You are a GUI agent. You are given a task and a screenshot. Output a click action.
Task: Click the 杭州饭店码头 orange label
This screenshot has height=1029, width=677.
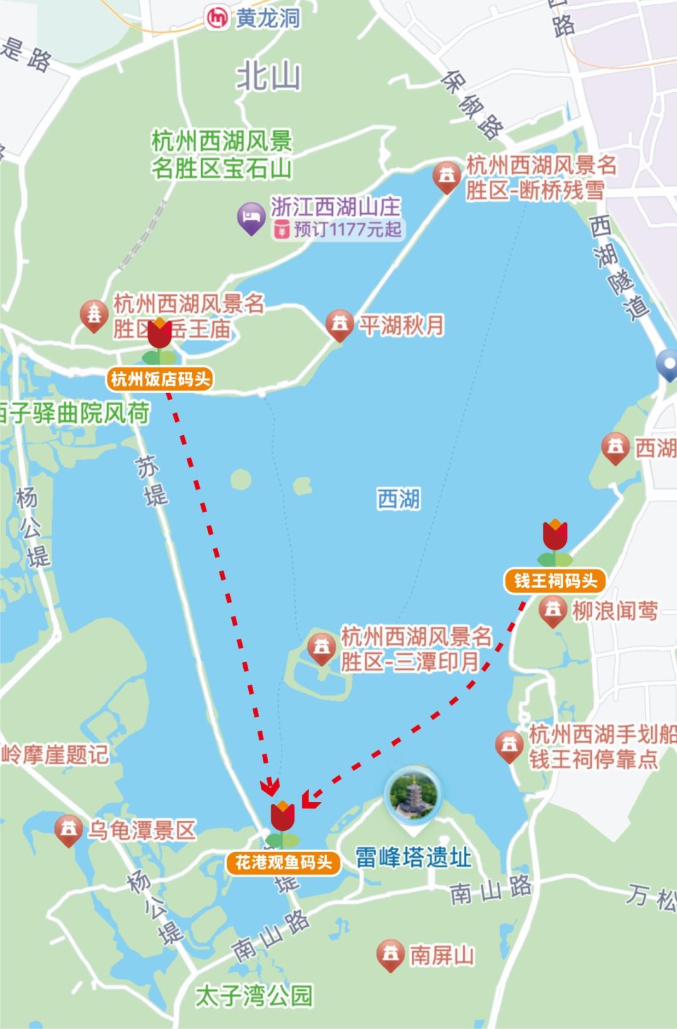[161, 379]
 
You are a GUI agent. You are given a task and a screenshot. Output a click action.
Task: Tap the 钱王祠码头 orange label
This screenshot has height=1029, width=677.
[555, 581]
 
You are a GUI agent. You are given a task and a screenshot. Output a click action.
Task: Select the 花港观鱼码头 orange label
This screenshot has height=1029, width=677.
[283, 863]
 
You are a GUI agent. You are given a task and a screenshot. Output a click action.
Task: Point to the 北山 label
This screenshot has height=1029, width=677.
[268, 77]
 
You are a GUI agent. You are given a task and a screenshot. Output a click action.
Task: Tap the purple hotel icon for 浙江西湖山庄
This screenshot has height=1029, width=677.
[251, 218]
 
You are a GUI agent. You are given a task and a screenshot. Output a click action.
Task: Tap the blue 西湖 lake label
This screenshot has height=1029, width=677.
[399, 500]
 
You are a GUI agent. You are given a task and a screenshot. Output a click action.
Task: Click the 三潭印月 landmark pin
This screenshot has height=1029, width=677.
[321, 648]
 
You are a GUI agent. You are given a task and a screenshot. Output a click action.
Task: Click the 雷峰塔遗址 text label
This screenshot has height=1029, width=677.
[414, 857]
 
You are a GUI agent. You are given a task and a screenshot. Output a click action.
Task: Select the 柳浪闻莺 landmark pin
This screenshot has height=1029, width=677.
[553, 610]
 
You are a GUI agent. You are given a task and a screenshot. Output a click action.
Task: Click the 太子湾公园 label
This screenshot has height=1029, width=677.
[253, 995]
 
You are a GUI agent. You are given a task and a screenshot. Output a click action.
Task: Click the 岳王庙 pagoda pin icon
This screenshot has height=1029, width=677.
[95, 315]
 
